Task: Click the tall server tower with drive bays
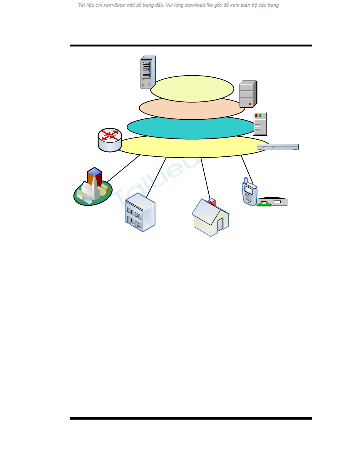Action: pos(148,72)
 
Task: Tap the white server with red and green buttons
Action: pos(260,123)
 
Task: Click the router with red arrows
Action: pos(110,140)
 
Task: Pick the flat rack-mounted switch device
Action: pos(278,147)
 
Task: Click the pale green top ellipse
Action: pos(192,88)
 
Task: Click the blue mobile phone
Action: pos(249,193)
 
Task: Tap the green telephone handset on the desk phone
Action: pos(264,203)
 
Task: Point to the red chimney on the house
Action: pos(212,202)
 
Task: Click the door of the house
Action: pos(220,225)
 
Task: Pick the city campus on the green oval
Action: pos(93,188)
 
